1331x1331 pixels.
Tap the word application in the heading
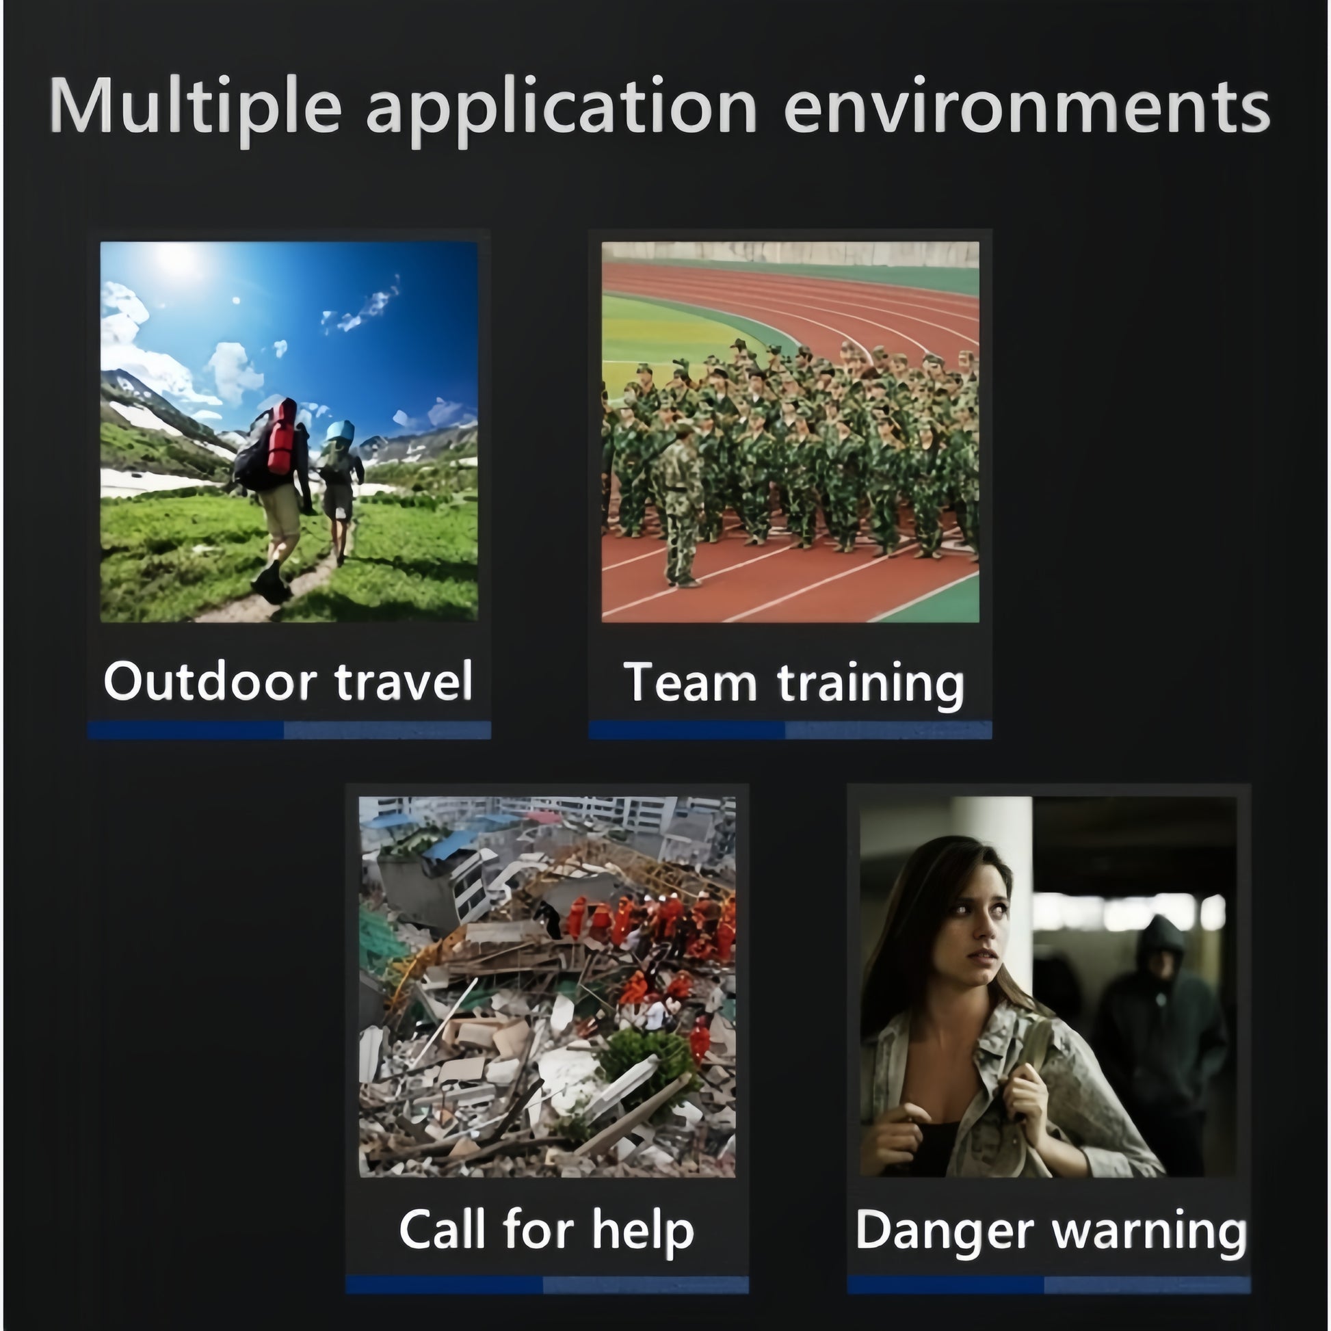click(x=562, y=108)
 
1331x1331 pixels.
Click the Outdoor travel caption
click(x=288, y=681)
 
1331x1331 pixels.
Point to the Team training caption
click(x=793, y=683)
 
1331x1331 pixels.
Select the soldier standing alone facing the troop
click(x=680, y=507)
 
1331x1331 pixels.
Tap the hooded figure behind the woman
click(x=1159, y=1020)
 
